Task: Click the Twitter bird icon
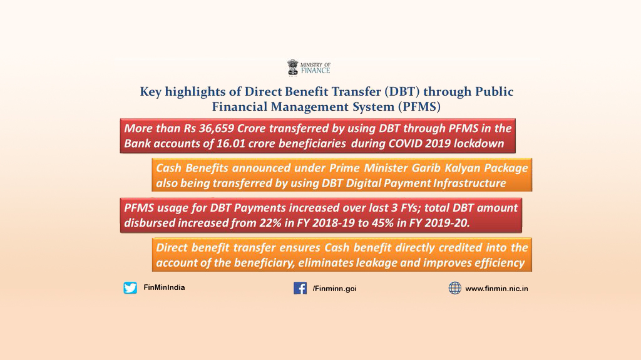tap(130, 288)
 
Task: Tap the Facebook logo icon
tap(300, 288)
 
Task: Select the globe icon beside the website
tap(454, 288)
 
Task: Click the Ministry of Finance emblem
tap(293, 68)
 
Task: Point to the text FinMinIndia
tap(164, 287)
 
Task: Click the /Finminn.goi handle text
tap(334, 289)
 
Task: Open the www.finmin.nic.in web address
tap(496, 289)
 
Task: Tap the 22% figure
tap(268, 223)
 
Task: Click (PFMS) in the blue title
tap(419, 107)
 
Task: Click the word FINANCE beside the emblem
tap(315, 70)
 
